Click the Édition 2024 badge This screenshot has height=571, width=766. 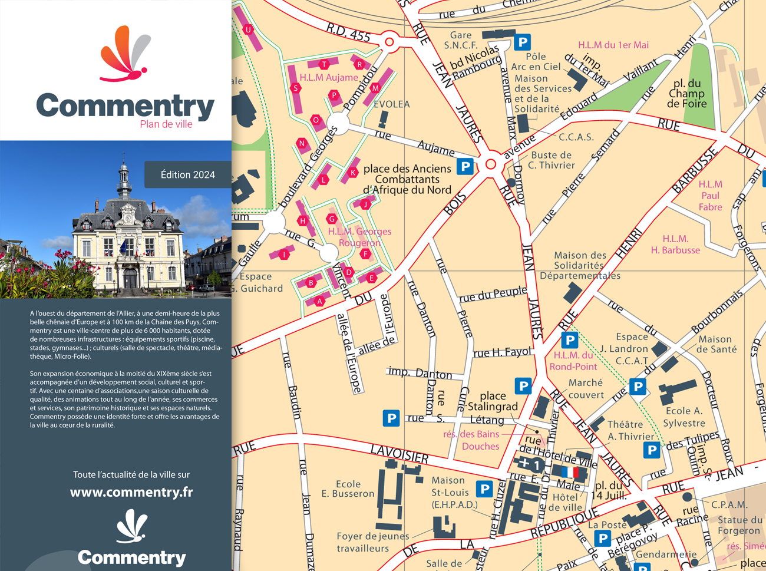187,174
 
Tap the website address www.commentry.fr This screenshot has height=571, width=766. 131,492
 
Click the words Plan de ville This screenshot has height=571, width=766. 166,124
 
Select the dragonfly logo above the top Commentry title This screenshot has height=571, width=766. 125,54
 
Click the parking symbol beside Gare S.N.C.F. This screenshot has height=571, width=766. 522,42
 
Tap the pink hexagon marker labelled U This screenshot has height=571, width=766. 248,29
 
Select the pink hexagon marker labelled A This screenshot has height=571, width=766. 320,301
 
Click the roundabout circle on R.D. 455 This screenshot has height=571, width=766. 389,42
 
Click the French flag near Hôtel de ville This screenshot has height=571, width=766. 570,473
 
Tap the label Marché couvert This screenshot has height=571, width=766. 586,388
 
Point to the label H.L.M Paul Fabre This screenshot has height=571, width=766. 710,196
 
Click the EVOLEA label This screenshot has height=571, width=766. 391,104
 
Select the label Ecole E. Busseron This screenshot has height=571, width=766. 348,489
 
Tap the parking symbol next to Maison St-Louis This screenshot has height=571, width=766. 484,489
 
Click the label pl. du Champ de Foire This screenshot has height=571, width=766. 686,94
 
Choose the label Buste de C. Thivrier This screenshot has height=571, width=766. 551,160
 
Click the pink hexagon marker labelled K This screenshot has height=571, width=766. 352,173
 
